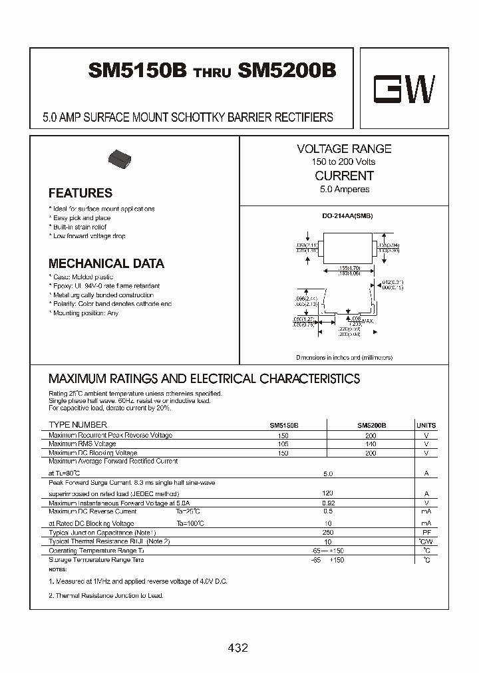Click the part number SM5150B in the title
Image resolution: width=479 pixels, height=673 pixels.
click(x=137, y=72)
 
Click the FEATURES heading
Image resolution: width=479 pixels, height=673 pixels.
click(x=80, y=194)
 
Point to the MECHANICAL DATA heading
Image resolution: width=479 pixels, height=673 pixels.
click(x=106, y=264)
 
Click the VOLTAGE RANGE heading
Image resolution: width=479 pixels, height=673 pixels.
click(x=344, y=149)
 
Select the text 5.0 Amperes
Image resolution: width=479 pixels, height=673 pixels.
click(x=344, y=190)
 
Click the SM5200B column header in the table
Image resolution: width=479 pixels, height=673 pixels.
click(x=372, y=425)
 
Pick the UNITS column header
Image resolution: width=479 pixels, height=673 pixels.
click(x=426, y=425)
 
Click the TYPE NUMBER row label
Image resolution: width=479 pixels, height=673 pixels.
click(x=78, y=425)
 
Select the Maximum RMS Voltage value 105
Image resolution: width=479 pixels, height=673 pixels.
click(x=284, y=444)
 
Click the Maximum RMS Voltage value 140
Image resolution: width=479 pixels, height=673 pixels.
click(x=371, y=444)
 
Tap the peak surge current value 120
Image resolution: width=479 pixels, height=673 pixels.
click(x=327, y=493)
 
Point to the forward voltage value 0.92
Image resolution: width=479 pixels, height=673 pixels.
click(x=327, y=503)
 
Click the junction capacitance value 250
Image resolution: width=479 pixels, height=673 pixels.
click(x=327, y=533)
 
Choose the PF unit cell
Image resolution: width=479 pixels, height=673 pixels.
click(x=426, y=533)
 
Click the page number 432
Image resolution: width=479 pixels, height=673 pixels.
click(x=238, y=648)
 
